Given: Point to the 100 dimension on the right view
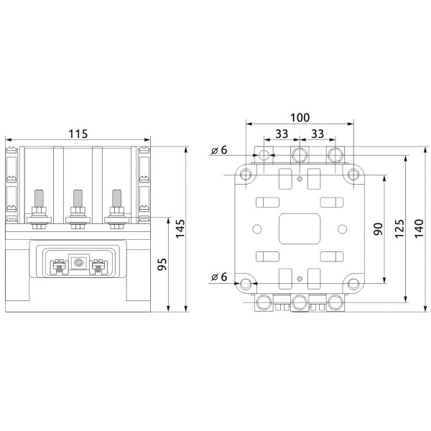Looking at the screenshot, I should [x=300, y=117].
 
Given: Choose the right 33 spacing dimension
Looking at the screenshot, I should [x=317, y=134].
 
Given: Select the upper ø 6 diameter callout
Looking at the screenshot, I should [x=219, y=150].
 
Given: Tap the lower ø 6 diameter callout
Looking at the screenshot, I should [x=219, y=277].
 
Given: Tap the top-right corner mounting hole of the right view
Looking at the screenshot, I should [x=353, y=175].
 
